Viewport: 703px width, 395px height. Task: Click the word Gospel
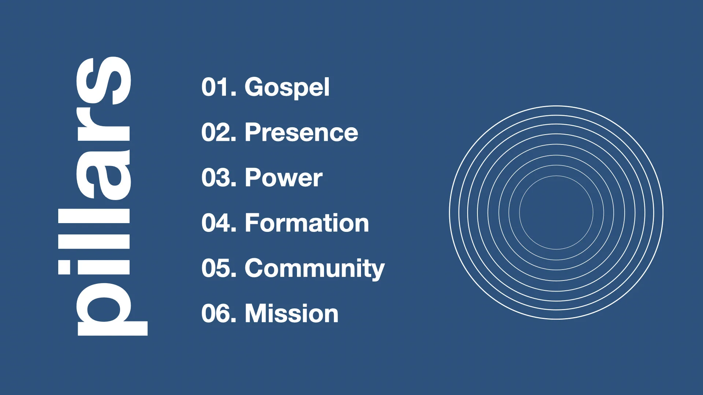(x=287, y=88)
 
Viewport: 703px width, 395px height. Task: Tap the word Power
(x=284, y=178)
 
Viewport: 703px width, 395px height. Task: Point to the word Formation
(x=307, y=223)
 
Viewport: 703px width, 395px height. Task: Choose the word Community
(x=315, y=269)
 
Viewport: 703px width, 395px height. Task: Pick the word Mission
(x=291, y=314)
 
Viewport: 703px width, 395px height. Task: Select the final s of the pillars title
(x=103, y=80)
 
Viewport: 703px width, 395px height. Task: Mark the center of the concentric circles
(x=556, y=212)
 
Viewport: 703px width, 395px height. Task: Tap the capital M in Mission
(x=257, y=314)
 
